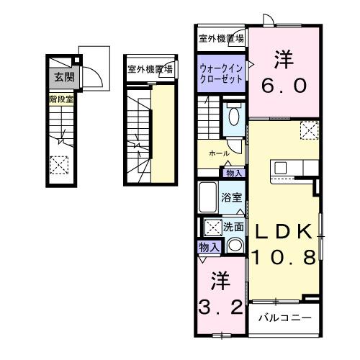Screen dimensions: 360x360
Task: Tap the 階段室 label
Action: (60, 99)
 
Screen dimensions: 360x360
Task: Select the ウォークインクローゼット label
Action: (220, 73)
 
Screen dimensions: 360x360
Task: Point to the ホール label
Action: (219, 154)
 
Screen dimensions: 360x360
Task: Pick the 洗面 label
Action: (233, 226)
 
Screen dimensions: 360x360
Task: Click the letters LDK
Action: (282, 232)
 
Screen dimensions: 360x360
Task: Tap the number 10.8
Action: (283, 257)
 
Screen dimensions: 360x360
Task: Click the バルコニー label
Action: (285, 317)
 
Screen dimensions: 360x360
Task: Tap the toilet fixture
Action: (234, 116)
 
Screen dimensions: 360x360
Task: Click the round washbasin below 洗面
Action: (235, 245)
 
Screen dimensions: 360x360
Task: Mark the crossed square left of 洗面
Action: (213, 228)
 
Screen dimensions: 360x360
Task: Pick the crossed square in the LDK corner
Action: (309, 130)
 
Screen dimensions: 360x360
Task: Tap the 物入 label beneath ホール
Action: (234, 173)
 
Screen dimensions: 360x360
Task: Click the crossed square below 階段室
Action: (60, 163)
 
